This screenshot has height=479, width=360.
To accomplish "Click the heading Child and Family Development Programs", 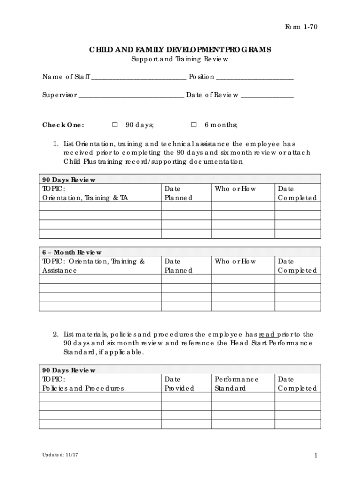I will tap(180, 50).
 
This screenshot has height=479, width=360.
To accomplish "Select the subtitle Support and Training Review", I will tap(180, 59).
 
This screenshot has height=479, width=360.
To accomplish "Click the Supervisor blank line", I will tap(131, 95).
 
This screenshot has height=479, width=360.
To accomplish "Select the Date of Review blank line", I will tap(267, 95).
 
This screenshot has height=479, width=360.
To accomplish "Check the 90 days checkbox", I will tap(115, 125).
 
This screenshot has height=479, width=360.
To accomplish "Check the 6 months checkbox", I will tap(194, 125).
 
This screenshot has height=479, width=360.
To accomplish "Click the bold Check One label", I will tap(63, 125).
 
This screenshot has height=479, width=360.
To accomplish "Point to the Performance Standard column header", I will tap(236, 384).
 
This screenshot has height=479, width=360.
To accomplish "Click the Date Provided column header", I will tap(178, 384).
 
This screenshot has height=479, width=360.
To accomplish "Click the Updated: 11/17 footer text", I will tap(58, 455).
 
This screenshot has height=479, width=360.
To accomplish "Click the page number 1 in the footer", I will tap(316, 456).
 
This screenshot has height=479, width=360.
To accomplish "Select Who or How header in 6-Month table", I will tap(235, 261).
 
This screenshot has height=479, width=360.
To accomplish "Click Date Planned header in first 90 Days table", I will tap(178, 193).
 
